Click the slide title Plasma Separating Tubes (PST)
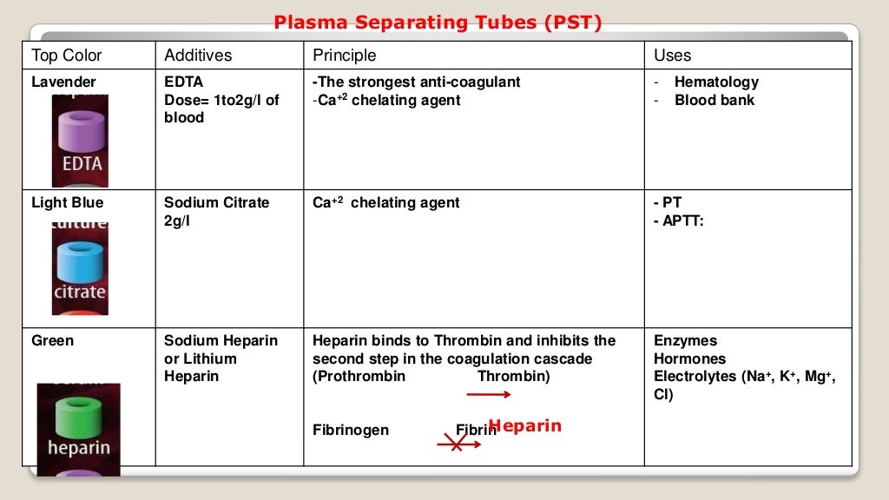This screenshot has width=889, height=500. coord(438,23)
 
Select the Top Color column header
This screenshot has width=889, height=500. coord(67,56)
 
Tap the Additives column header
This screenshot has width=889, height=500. coord(198,56)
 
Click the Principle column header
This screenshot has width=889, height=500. coord(345,56)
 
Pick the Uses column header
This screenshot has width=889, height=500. coord(672,56)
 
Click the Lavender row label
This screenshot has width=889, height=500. coord(63,82)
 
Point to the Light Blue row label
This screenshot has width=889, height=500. coord(67,203)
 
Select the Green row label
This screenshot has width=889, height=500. coord(53,341)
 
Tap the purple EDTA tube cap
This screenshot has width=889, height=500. coord(80,133)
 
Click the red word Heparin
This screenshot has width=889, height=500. coord(524,426)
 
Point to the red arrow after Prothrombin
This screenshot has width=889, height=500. coord(488,395)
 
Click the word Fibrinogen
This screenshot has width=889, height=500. coord(351,431)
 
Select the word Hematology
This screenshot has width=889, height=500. coord(716,82)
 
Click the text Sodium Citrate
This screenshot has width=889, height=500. coord(217,203)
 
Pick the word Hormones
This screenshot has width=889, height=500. coord(689,359)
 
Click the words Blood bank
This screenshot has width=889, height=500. coord(714,101)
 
